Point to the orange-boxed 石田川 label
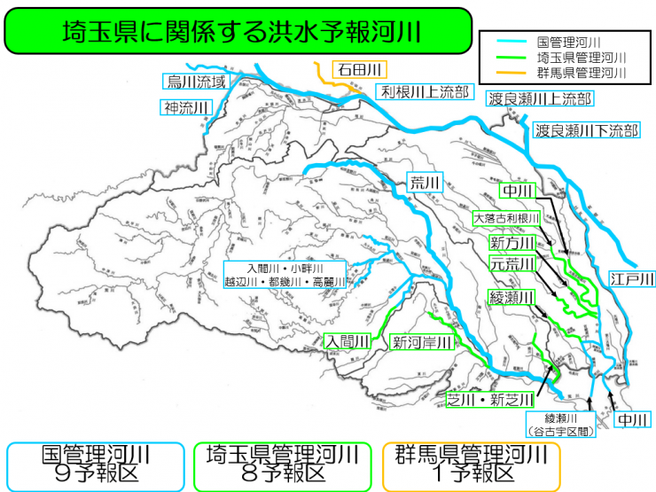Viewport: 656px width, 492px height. [x=357, y=69]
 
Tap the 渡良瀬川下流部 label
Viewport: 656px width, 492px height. [x=586, y=131]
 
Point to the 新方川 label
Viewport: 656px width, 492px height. [x=513, y=242]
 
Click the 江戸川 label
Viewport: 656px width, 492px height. [x=632, y=280]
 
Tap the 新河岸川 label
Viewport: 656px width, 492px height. [x=423, y=341]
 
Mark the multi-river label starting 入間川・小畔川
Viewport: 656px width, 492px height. [x=285, y=275]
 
